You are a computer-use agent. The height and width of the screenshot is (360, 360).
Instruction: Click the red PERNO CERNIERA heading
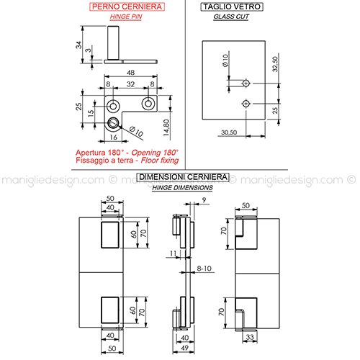point(127,6)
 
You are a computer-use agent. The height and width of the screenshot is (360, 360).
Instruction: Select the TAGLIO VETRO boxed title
point(232,6)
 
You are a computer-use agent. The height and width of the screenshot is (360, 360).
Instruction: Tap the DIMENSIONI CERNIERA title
point(183,177)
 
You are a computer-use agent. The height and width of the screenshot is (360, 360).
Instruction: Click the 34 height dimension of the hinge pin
point(78,45)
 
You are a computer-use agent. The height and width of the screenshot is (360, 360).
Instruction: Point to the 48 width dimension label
point(131,73)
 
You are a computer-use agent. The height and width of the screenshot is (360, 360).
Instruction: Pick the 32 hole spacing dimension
point(131,84)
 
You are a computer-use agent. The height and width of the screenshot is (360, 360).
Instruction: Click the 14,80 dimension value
point(166,127)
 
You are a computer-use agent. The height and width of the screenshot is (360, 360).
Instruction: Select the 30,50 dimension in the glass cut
point(229,132)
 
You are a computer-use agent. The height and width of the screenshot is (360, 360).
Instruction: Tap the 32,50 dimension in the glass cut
point(275,64)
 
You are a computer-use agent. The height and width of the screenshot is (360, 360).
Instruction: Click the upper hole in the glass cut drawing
point(246,84)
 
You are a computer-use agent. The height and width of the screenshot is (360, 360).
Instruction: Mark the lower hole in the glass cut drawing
point(246,104)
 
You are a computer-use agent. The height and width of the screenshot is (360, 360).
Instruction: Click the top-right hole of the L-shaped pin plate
point(148,104)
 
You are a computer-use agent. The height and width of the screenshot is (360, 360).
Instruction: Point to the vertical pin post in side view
point(113,42)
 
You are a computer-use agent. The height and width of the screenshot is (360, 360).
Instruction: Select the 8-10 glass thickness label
point(204,269)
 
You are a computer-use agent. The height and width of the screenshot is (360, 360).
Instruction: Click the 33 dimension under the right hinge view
point(250,337)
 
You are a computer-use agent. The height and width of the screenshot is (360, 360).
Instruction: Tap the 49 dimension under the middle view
point(184,348)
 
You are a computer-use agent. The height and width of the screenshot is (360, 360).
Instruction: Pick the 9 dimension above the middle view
point(204,199)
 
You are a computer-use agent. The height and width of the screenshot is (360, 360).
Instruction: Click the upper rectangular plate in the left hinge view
point(110,235)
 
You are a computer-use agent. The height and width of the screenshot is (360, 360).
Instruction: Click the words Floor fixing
point(160,161)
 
